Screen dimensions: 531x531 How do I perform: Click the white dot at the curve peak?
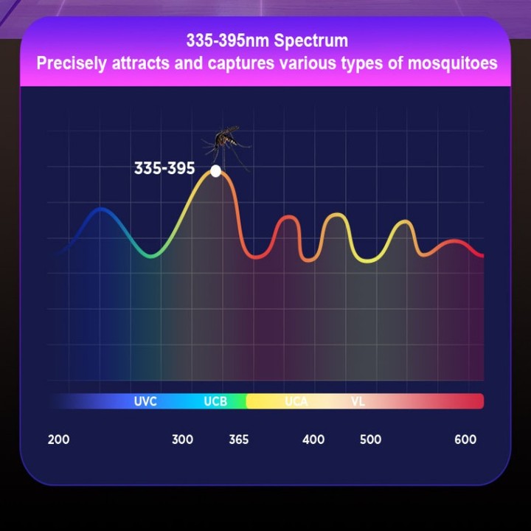[215, 171]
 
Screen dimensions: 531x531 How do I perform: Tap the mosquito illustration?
[226, 146]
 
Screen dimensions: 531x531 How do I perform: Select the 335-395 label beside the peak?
[164, 168]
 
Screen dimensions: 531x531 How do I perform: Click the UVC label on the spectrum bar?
[145, 401]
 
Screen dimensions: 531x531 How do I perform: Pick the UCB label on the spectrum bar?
[215, 401]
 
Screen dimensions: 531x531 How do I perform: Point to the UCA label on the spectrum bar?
[296, 401]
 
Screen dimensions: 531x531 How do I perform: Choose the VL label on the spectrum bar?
[358, 401]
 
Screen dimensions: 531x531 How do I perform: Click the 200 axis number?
[58, 440]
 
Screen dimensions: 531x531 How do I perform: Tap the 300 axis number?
[183, 440]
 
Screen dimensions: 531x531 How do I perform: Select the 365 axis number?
[239, 440]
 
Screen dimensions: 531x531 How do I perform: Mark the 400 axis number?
[313, 440]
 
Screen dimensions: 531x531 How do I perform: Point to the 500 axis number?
[370, 440]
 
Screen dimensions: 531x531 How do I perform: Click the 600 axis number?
[465, 440]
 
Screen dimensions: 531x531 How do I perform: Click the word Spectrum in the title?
[311, 41]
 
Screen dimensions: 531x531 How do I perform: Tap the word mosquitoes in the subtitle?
[453, 63]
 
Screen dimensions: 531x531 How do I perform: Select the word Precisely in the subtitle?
[72, 64]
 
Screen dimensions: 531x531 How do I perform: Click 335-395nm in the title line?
[228, 41]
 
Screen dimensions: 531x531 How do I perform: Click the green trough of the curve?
[151, 255]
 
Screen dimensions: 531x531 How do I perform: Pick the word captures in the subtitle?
[240, 64]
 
